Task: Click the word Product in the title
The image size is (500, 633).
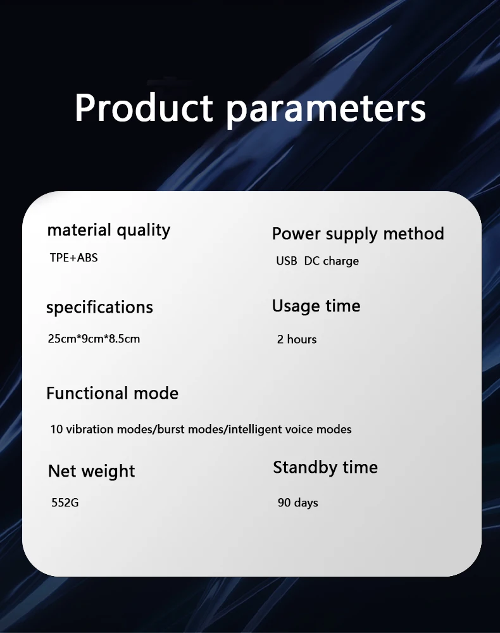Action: point(144,108)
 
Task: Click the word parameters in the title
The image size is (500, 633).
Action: point(326,110)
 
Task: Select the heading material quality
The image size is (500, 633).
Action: point(109,230)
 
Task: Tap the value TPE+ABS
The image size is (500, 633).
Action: point(73,258)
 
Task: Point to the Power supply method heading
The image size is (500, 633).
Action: point(358,234)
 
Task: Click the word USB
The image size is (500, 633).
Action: point(287,261)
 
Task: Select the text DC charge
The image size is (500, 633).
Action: point(331,261)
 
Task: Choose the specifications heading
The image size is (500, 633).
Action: point(99,307)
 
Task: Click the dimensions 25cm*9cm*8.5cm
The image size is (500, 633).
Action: point(94,339)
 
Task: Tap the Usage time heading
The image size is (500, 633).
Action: point(316,306)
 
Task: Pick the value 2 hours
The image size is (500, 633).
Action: point(297,339)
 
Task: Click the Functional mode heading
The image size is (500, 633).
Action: point(112,393)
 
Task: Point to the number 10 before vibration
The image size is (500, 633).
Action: point(56,429)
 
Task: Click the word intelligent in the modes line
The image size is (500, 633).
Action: point(256,430)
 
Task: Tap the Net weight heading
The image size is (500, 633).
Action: point(92,472)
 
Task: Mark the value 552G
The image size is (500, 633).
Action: point(65,503)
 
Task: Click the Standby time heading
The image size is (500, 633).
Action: point(325,468)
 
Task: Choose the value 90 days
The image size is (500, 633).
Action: point(298,503)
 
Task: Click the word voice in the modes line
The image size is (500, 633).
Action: point(299,429)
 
